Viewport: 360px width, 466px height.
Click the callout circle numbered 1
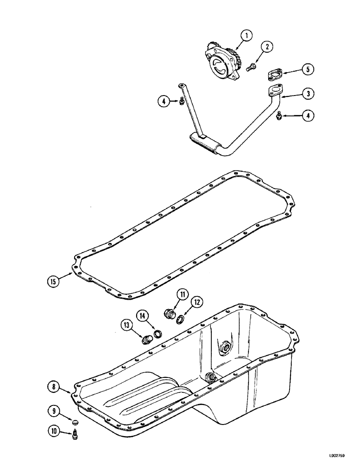tap(247, 35)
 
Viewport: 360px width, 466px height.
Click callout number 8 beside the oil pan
tap(54, 386)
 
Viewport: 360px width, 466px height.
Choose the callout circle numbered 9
tap(54, 411)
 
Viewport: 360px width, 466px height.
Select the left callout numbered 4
tap(163, 101)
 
